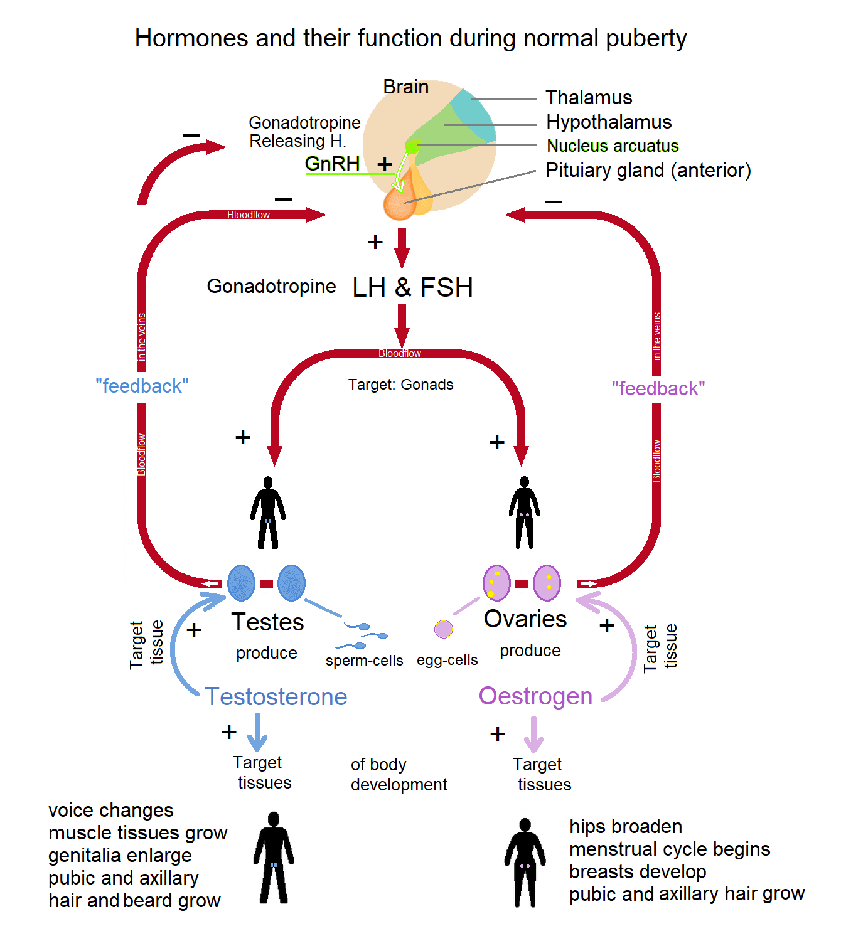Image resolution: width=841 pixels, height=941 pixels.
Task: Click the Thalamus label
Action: (x=588, y=97)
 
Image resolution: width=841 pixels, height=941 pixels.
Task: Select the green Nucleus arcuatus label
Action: (x=613, y=146)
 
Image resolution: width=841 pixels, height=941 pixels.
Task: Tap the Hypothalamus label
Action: (x=609, y=122)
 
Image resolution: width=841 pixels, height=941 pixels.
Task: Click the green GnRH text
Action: (x=332, y=164)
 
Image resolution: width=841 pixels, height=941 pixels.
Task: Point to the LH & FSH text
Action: (x=412, y=287)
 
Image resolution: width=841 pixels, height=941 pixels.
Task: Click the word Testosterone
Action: (x=276, y=697)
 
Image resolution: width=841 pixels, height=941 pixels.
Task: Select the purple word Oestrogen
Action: (x=536, y=696)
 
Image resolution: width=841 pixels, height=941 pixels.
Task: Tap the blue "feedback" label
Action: (x=142, y=386)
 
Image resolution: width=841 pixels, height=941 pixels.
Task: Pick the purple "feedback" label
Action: (x=658, y=388)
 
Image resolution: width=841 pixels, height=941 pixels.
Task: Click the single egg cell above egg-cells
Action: (x=443, y=629)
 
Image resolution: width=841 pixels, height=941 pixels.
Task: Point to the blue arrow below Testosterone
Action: (x=257, y=731)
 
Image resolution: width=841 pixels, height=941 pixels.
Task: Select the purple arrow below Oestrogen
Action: (x=533, y=734)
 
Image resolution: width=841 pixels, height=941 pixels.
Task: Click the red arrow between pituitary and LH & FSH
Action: (x=402, y=248)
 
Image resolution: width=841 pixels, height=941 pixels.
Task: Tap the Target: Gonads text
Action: (x=400, y=385)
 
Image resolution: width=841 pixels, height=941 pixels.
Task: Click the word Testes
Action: (x=267, y=622)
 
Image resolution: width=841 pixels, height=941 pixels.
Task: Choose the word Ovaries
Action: (x=525, y=619)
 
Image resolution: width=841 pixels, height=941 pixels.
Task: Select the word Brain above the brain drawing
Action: (x=405, y=87)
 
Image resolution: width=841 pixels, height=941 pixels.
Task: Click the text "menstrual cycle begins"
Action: (x=670, y=849)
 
